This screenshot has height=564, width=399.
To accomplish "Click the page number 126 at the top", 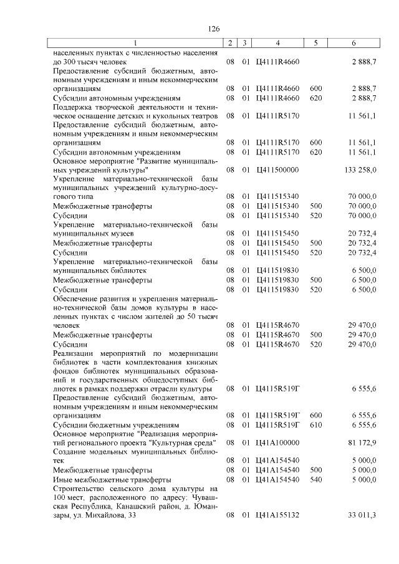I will pos(214,29).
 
